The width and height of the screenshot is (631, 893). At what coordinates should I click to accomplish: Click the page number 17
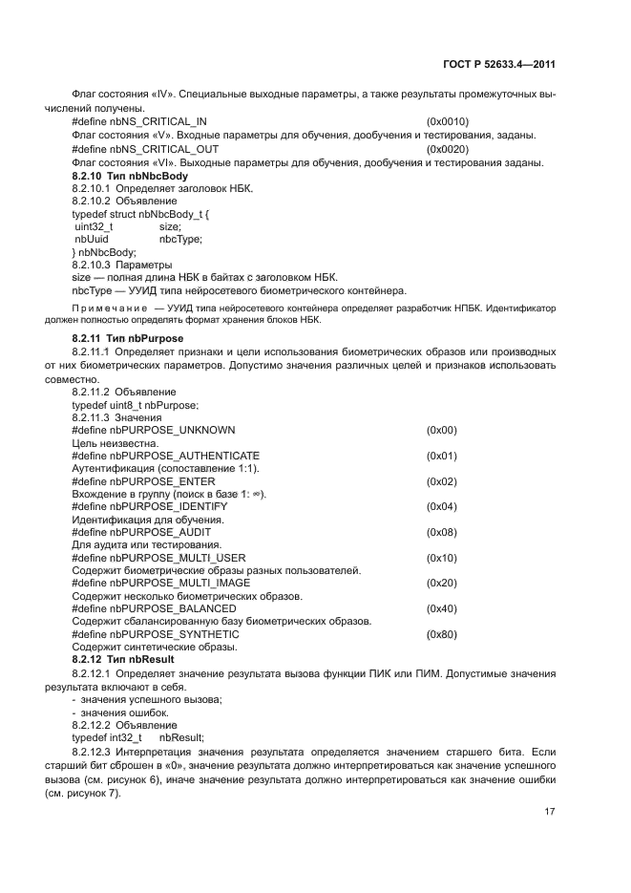click(x=550, y=812)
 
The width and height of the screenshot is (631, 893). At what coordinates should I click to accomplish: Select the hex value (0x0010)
click(x=448, y=122)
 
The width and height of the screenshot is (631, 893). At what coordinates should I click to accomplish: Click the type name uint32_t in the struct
click(x=94, y=227)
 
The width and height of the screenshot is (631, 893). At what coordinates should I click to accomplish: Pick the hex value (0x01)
click(x=442, y=456)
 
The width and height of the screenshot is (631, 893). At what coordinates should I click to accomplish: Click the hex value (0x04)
click(x=442, y=506)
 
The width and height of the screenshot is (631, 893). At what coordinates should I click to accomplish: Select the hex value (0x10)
click(x=442, y=558)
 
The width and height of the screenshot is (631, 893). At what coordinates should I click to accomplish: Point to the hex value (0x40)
click(x=442, y=608)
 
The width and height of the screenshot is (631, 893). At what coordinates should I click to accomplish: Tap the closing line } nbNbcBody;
click(x=104, y=252)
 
